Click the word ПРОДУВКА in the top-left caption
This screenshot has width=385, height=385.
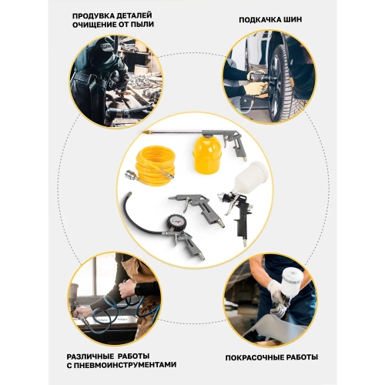[92, 15]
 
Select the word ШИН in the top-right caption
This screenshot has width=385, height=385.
[291, 20]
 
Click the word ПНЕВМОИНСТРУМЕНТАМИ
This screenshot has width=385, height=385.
[125, 365]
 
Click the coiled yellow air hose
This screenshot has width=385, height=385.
[156, 164]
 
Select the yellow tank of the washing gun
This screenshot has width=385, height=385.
[207, 155]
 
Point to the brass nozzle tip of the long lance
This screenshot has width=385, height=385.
[146, 132]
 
